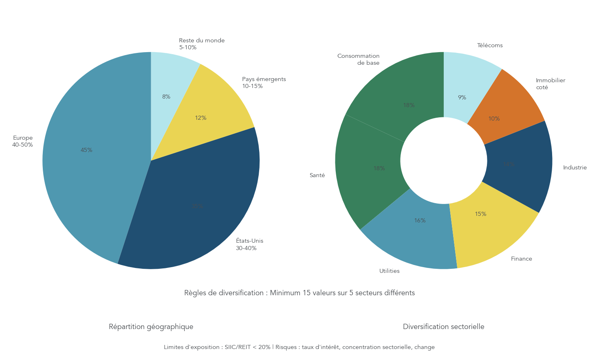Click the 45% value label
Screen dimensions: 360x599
(86, 150)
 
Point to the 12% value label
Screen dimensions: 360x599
(200, 118)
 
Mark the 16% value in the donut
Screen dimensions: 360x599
(420, 220)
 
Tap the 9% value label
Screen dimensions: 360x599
(462, 97)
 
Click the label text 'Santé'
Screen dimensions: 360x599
(317, 175)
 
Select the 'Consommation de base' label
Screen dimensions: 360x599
(359, 59)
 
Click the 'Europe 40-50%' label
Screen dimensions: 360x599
(22, 141)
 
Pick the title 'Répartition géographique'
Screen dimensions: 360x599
(151, 327)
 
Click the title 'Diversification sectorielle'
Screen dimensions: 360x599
(443, 327)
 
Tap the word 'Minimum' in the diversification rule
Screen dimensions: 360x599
(285, 293)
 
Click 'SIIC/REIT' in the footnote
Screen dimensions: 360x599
(238, 347)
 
